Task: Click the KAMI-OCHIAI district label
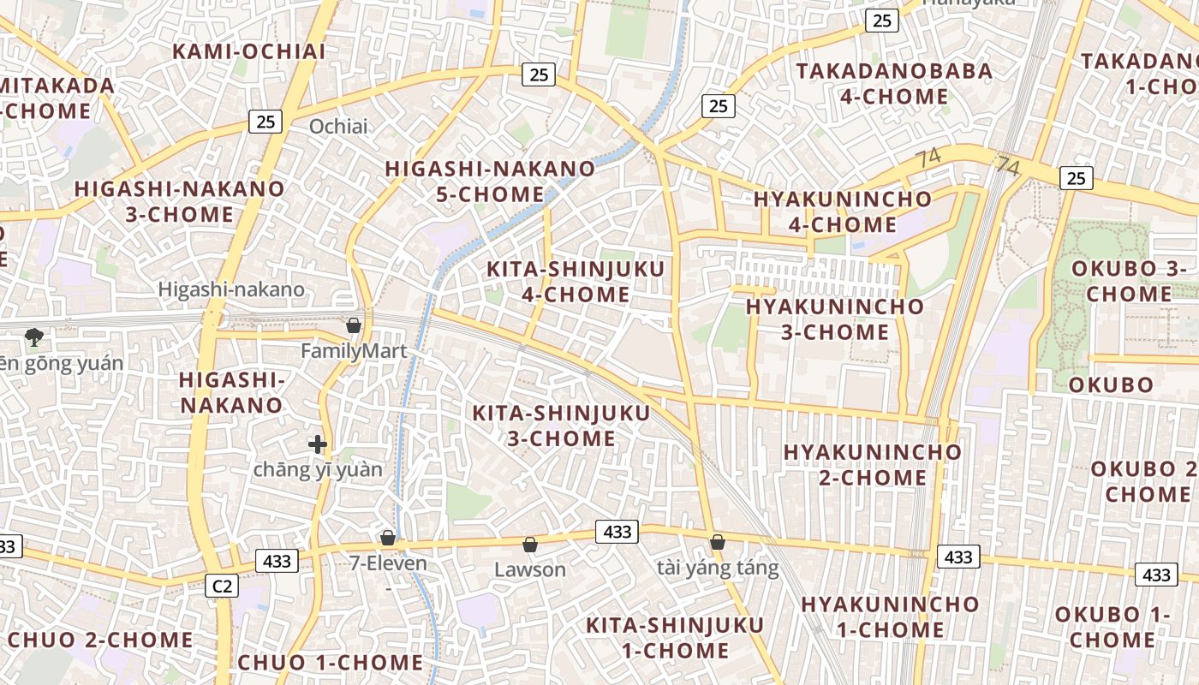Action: tap(248, 51)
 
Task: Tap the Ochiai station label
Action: tap(338, 127)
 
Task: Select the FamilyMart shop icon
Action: tap(353, 325)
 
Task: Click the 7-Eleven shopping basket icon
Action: tap(388, 538)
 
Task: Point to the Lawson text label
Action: tap(530, 569)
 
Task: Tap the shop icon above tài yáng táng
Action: tap(718, 541)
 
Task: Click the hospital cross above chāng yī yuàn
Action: tap(318, 444)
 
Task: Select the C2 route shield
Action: tap(222, 586)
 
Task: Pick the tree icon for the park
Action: tap(34, 337)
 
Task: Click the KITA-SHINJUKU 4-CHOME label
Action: tap(576, 282)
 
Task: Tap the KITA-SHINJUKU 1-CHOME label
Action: tap(663, 637)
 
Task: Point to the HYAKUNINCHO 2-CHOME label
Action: tap(872, 464)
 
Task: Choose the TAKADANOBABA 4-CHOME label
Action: tap(894, 83)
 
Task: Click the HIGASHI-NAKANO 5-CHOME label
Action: tap(490, 181)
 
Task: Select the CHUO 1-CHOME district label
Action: tap(331, 663)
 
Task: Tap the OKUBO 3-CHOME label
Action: tap(1129, 281)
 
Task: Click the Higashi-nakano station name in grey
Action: tap(231, 289)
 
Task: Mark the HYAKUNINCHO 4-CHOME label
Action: tap(843, 211)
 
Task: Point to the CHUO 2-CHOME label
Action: tap(100, 640)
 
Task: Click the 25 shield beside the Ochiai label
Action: tap(265, 122)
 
